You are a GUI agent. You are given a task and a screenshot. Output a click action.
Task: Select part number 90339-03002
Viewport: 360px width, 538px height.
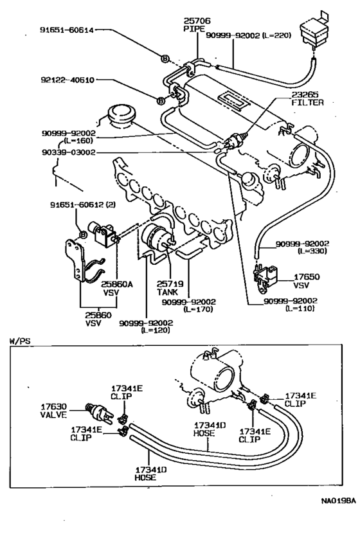(67, 152)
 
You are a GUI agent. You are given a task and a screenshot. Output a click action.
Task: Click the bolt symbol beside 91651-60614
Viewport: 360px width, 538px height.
(165, 59)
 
